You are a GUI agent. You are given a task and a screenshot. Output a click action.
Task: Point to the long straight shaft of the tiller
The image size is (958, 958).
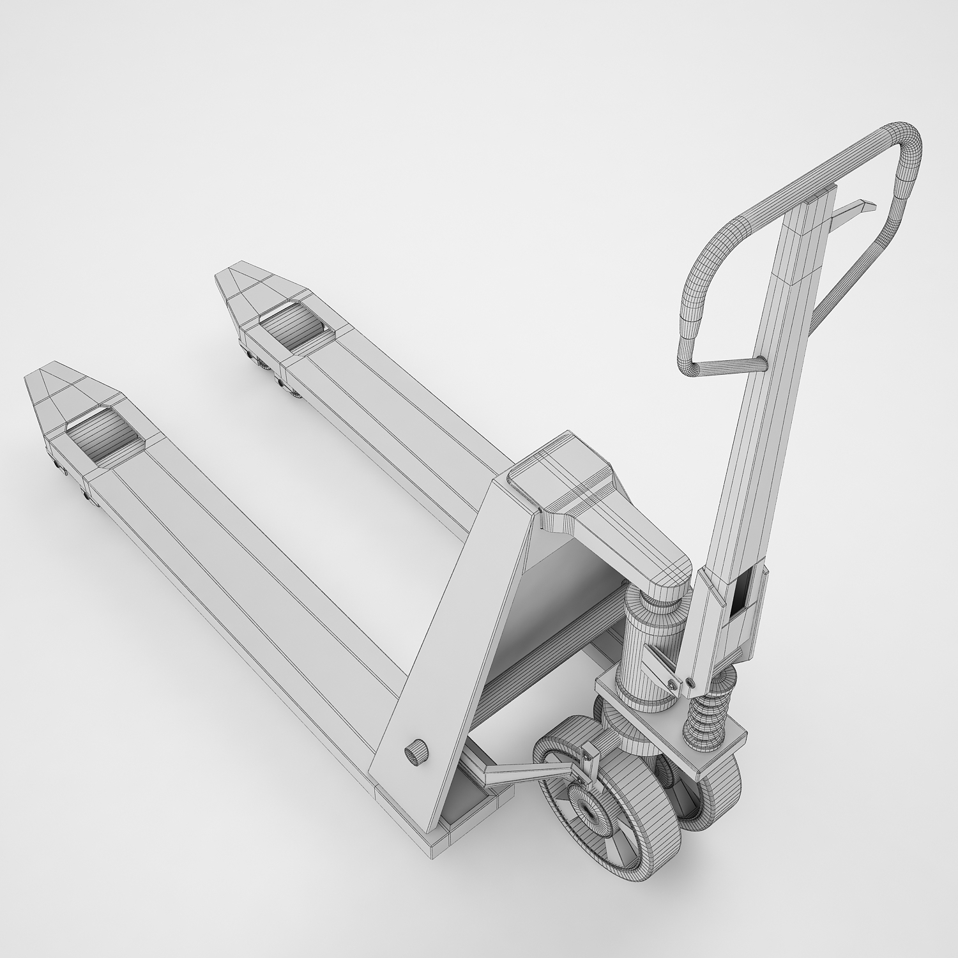[754, 415]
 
